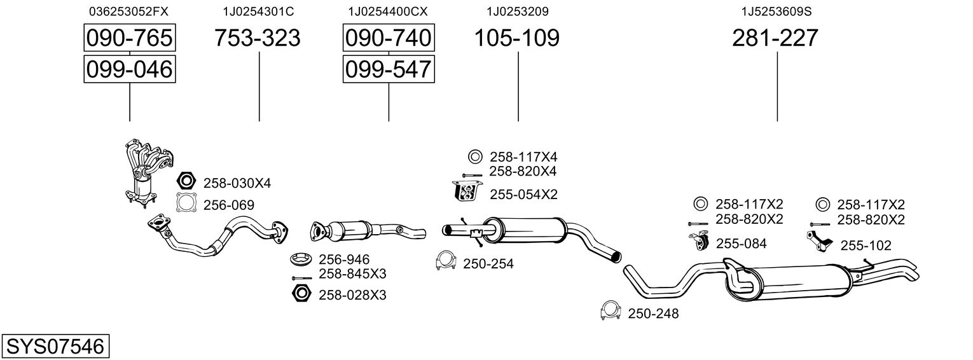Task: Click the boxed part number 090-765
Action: point(130,38)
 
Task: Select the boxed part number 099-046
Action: point(130,69)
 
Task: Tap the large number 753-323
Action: point(258,38)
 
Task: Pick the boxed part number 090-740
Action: point(388,38)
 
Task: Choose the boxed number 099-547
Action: point(388,69)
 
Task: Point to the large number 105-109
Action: point(517,38)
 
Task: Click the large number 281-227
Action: point(775,38)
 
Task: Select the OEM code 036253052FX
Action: point(129,11)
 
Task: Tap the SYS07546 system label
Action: point(55,347)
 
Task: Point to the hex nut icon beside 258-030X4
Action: point(185,182)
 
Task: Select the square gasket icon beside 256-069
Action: point(185,204)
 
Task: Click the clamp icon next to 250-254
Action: point(446,261)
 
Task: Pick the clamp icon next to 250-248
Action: point(610,311)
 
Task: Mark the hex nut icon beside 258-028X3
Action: point(301,294)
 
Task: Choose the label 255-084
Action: point(741,243)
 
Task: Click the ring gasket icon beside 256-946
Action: point(301,259)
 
